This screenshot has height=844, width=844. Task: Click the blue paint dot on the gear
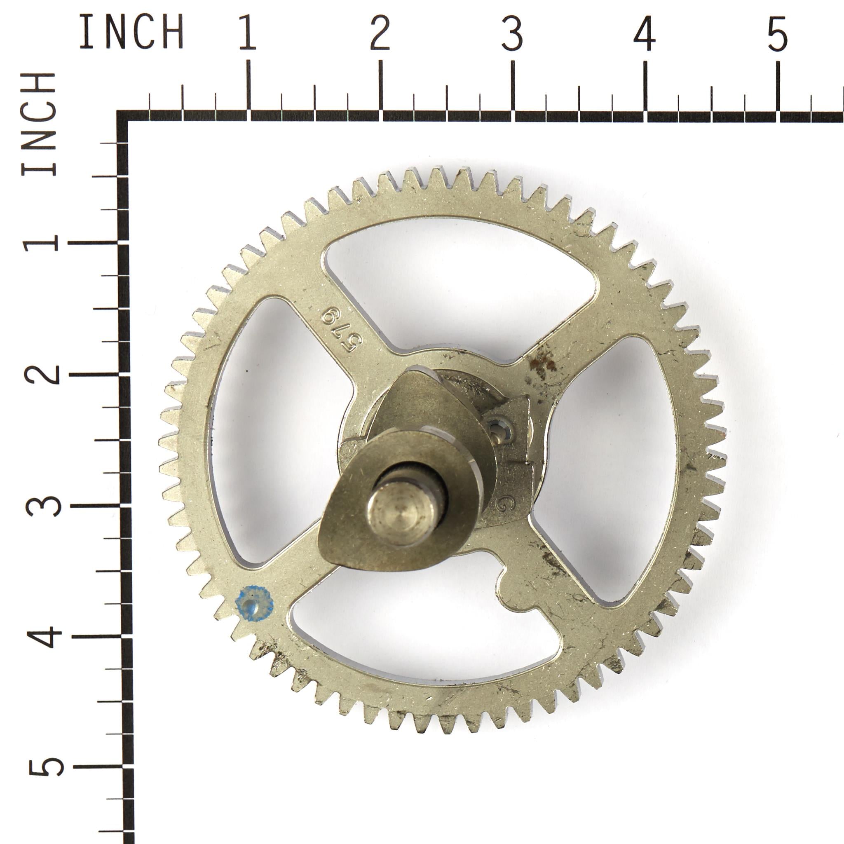click(x=254, y=603)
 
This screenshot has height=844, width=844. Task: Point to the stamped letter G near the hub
click(x=504, y=503)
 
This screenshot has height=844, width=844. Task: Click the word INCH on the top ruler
click(x=131, y=31)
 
